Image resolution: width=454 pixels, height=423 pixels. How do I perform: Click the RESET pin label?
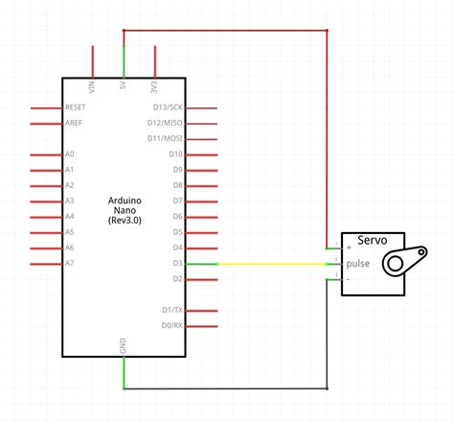[x=77, y=107]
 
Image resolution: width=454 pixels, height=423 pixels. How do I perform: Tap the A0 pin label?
[x=69, y=154]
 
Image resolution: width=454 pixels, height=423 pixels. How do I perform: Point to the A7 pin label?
[x=69, y=263]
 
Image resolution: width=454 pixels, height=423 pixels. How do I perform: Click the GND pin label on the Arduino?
[x=124, y=344]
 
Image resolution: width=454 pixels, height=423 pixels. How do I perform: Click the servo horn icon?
[x=401, y=261]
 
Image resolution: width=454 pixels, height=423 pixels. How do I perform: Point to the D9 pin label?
[x=175, y=170]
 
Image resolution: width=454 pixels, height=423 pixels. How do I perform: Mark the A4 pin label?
[x=69, y=217]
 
